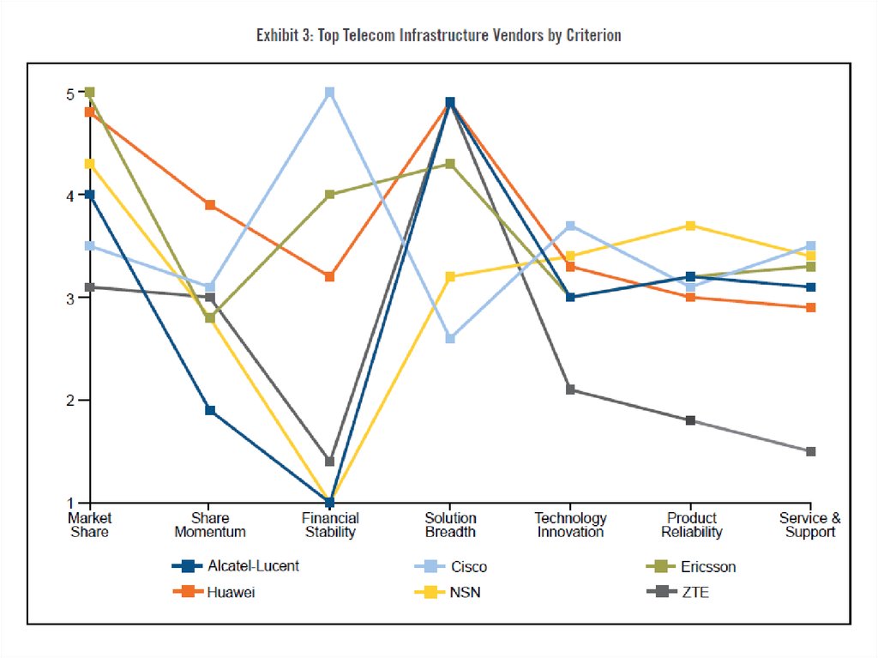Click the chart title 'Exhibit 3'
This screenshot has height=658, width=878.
(x=438, y=35)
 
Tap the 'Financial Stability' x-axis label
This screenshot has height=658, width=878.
(x=330, y=525)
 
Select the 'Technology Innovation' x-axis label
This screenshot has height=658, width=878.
(x=570, y=525)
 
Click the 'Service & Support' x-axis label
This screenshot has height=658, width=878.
(x=809, y=525)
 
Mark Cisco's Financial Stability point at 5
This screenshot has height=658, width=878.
(x=330, y=92)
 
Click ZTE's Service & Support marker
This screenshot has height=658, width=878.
(x=810, y=451)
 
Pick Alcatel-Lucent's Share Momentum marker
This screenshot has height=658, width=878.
(x=210, y=410)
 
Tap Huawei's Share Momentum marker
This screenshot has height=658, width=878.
(x=210, y=205)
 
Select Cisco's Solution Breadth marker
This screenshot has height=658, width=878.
(x=450, y=338)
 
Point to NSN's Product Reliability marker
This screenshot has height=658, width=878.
(x=690, y=226)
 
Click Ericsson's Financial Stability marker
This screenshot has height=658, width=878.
(x=330, y=195)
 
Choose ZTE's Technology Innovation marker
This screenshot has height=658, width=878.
(x=570, y=389)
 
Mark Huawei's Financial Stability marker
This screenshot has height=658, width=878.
(x=330, y=276)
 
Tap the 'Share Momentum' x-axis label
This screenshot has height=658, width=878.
(x=210, y=525)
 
